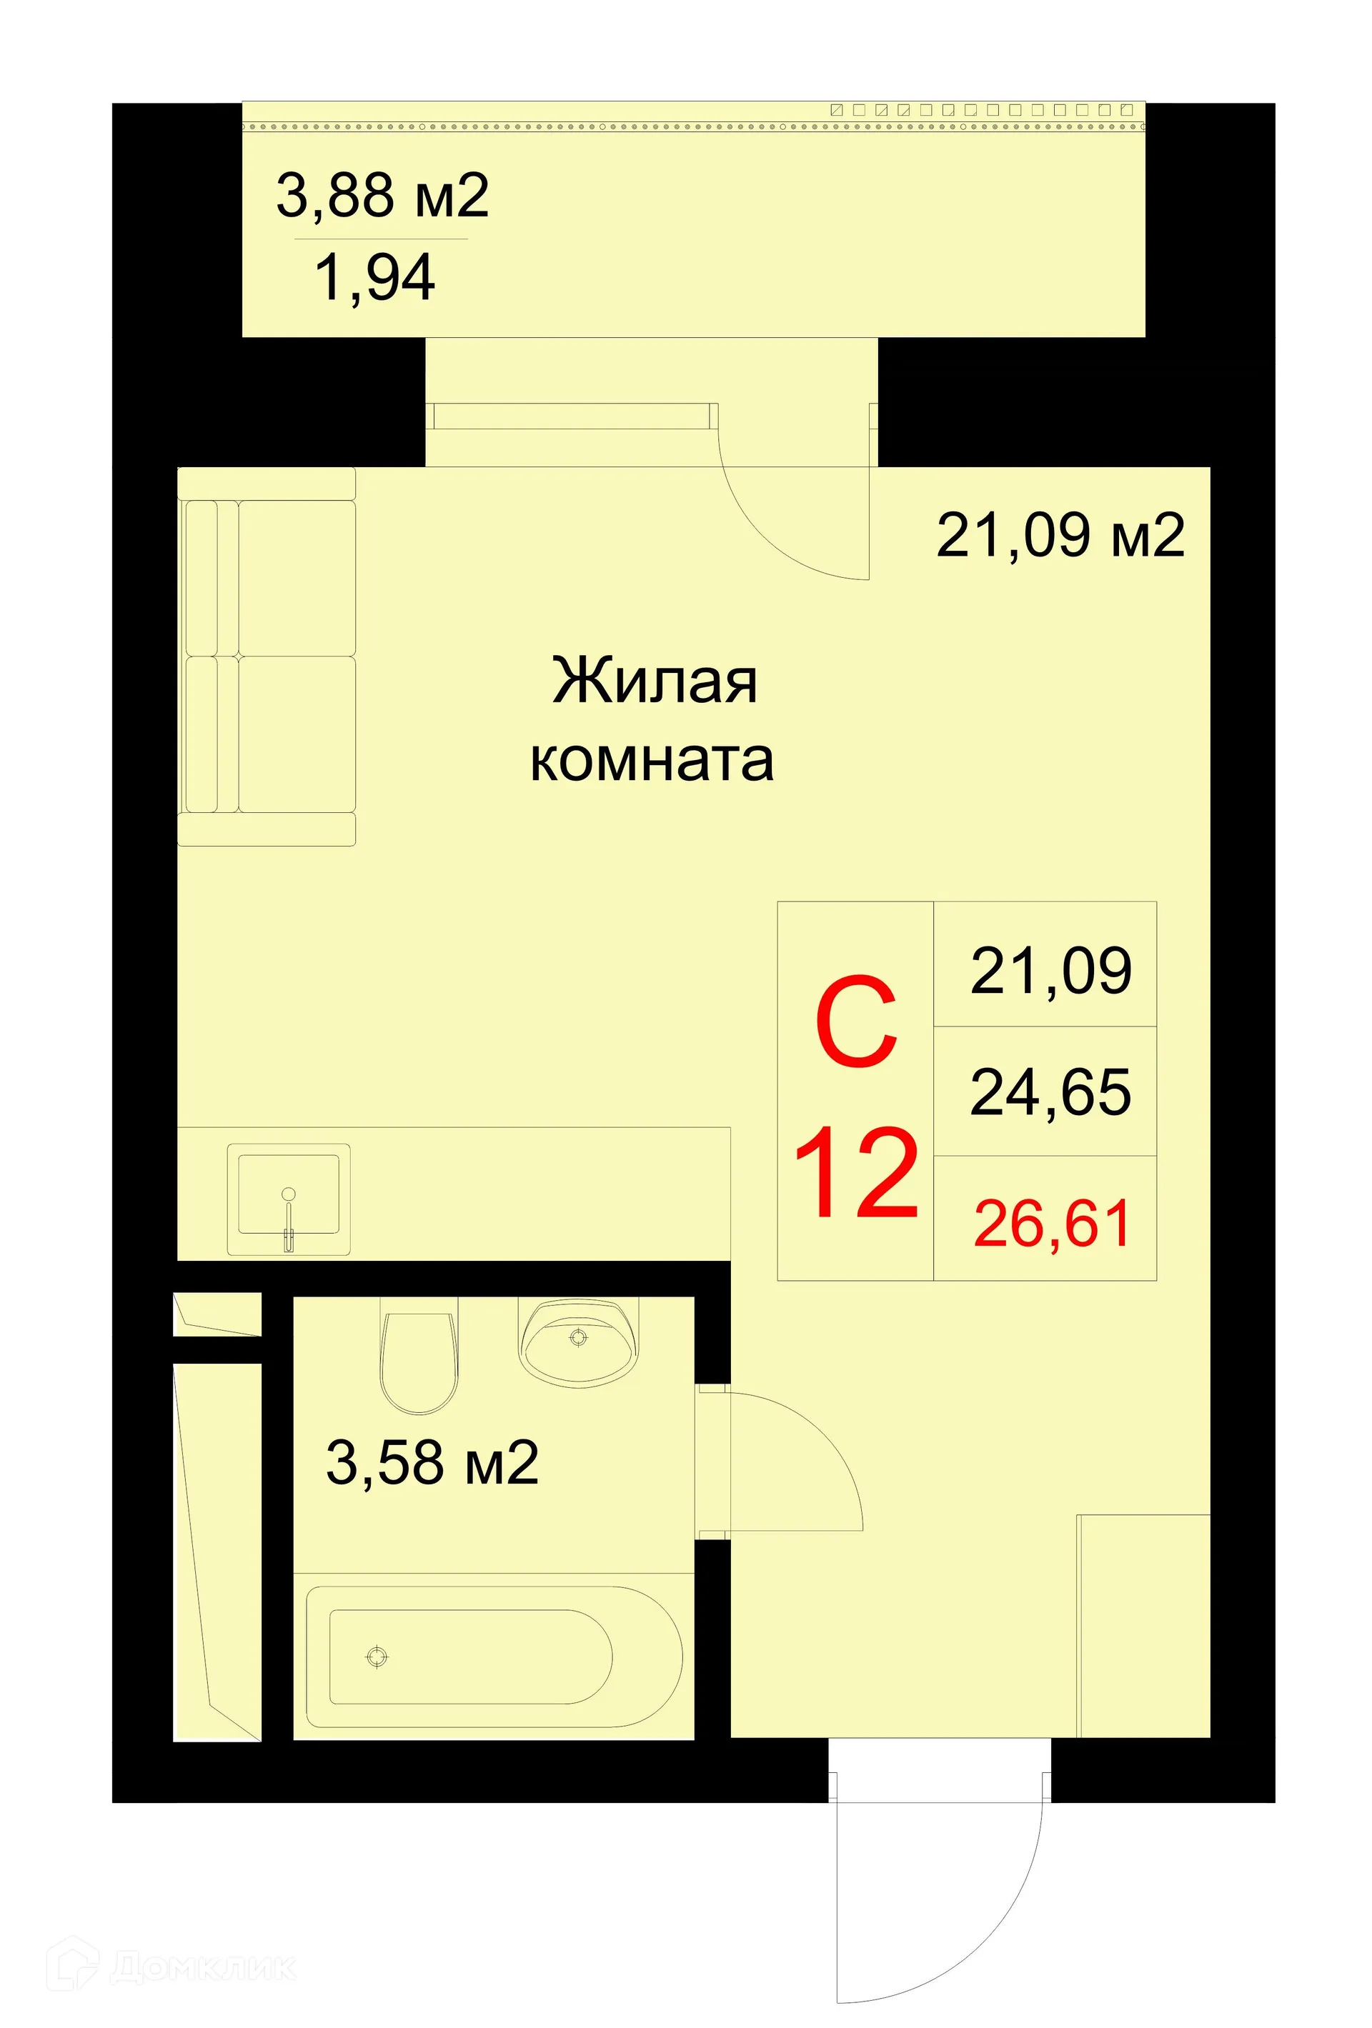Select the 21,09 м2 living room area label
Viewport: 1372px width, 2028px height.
coord(1059,535)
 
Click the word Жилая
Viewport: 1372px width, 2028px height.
coord(654,681)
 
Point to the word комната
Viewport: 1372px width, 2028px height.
coord(651,760)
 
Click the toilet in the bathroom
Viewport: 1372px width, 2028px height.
coord(419,1358)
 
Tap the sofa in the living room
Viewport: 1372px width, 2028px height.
coord(267,656)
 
